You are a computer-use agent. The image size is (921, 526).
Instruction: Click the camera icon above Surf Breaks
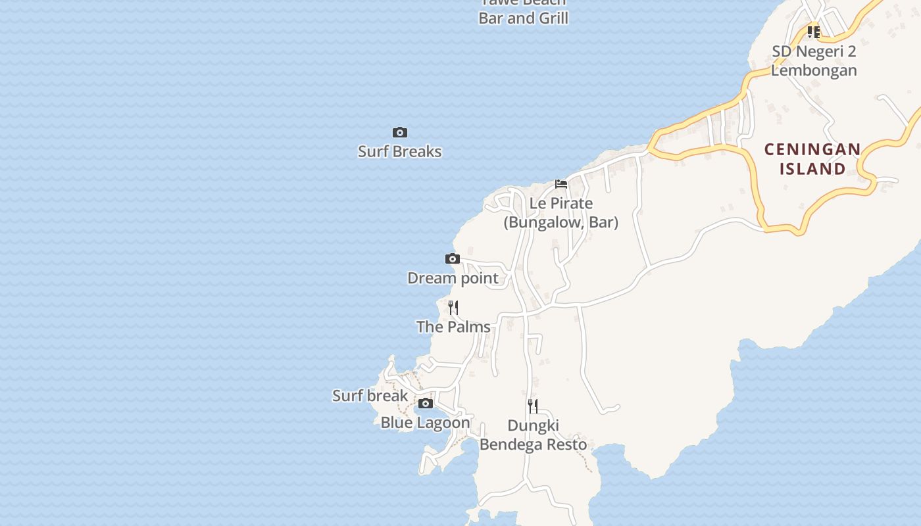point(399,133)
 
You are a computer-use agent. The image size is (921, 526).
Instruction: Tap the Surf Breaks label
point(399,152)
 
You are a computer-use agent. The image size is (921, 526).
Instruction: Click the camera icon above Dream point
point(453,259)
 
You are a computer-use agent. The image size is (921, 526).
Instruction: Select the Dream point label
point(453,278)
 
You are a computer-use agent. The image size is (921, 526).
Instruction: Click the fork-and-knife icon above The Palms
point(453,308)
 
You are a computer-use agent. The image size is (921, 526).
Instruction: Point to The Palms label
point(453,327)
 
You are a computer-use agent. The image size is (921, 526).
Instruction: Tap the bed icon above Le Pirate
point(561,184)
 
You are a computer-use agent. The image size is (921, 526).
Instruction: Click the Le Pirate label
point(561,203)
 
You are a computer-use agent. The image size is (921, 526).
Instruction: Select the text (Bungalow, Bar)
point(561,222)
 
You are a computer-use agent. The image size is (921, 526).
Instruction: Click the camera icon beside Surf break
point(426,404)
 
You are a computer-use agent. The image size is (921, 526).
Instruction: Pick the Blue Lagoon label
point(426,423)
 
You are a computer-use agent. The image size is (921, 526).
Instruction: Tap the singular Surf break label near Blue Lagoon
point(370,396)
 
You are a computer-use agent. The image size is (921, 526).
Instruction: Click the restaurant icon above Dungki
point(533,406)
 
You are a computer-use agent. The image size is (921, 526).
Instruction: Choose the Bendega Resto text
point(533,444)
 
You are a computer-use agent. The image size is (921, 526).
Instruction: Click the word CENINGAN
point(812,149)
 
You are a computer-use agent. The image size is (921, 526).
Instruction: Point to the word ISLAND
point(812,169)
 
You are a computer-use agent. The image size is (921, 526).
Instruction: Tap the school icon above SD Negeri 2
point(814,32)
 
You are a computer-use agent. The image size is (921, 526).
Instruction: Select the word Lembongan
point(814,70)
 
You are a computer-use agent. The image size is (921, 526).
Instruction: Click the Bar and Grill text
point(524,18)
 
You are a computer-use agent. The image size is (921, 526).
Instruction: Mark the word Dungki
point(533,425)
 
